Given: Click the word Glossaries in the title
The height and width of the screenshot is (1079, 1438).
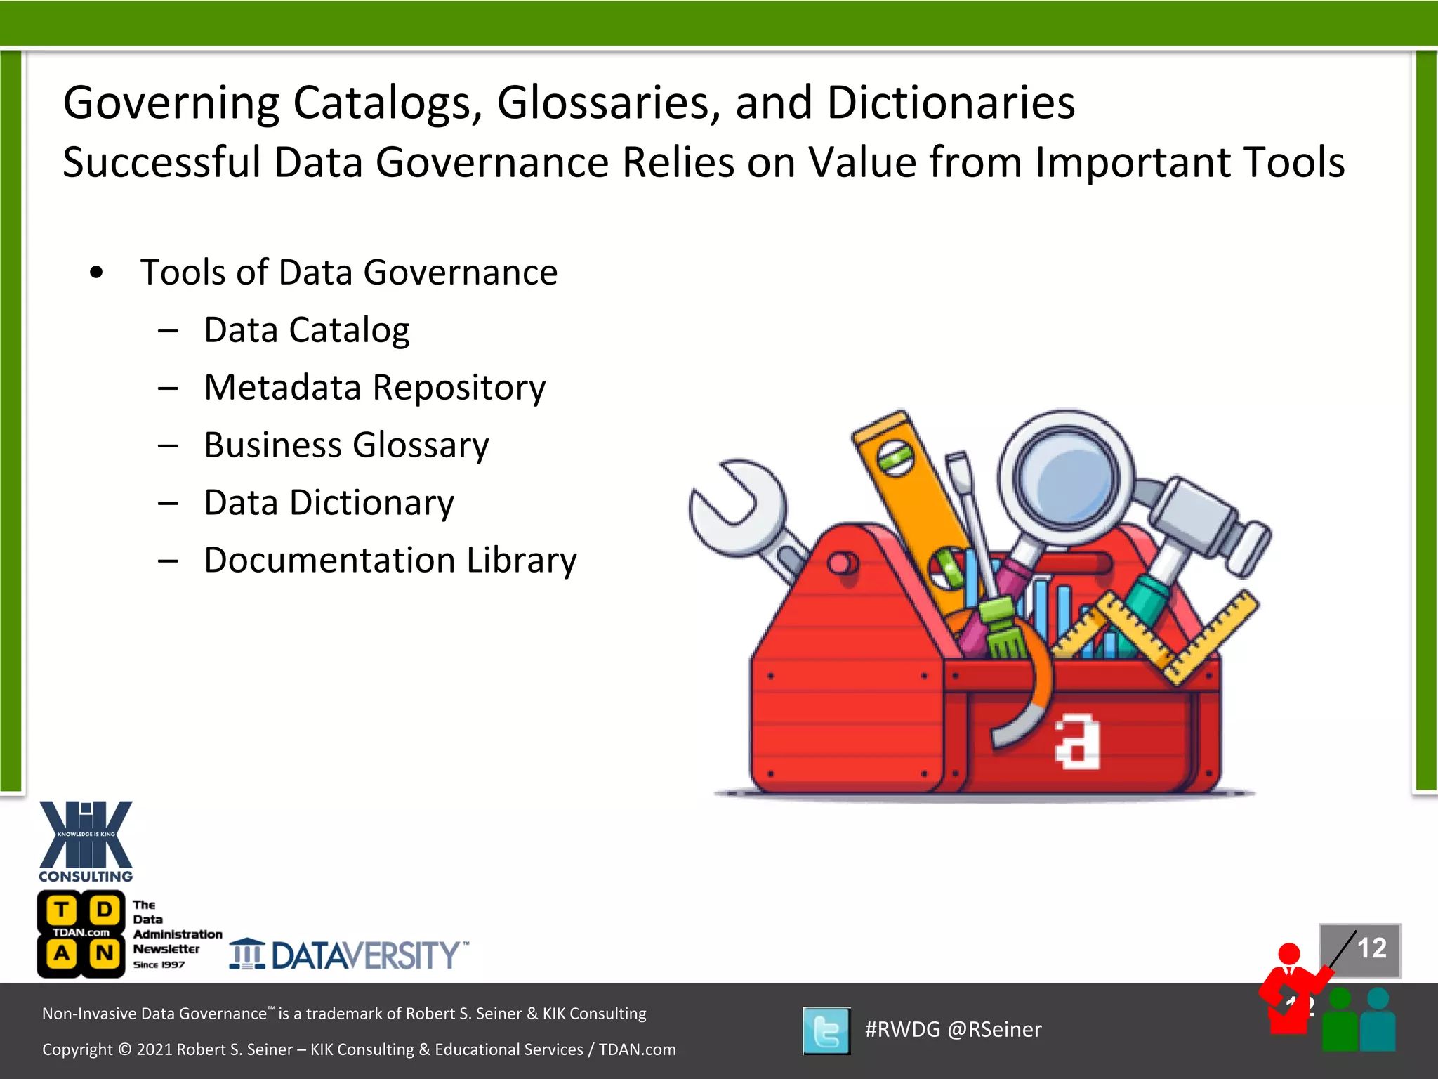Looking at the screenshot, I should pos(608,103).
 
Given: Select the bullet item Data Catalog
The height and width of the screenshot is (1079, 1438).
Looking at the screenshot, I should pos(307,329).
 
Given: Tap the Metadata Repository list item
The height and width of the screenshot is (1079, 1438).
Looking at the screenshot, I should pos(374,387).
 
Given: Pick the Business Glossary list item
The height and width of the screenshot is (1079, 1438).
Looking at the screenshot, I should pos(346,445).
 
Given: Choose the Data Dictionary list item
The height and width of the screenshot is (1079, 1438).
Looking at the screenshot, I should pos(329,502).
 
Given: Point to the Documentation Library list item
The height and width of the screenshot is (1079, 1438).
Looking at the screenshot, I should pos(390,560).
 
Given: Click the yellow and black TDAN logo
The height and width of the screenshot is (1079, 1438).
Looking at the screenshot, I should pos(81,934).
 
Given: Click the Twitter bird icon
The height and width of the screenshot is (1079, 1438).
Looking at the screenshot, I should pos(826,1031).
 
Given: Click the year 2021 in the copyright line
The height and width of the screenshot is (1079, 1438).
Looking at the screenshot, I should pos(154,1049).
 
